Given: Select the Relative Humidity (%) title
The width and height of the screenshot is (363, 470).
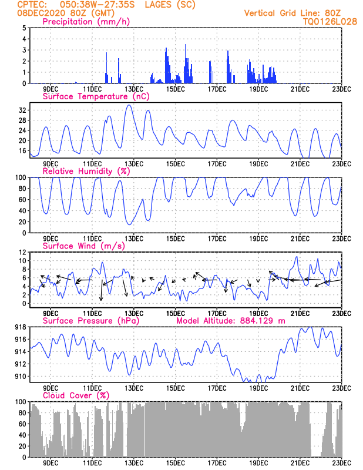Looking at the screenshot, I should (x=86, y=171).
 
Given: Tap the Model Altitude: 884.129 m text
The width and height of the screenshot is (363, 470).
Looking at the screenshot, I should (x=231, y=321).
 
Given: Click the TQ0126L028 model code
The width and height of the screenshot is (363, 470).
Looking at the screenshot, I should (x=330, y=21).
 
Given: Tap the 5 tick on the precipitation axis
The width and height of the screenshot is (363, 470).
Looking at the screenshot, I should (x=23, y=28).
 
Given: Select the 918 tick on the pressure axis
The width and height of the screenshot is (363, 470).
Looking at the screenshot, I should (x=19, y=327).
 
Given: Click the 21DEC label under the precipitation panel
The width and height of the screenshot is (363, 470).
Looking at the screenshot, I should (x=300, y=89).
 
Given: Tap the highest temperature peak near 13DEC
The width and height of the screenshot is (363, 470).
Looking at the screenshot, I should (x=129, y=105).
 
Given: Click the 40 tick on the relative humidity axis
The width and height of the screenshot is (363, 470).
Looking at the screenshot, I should (x=22, y=210).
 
